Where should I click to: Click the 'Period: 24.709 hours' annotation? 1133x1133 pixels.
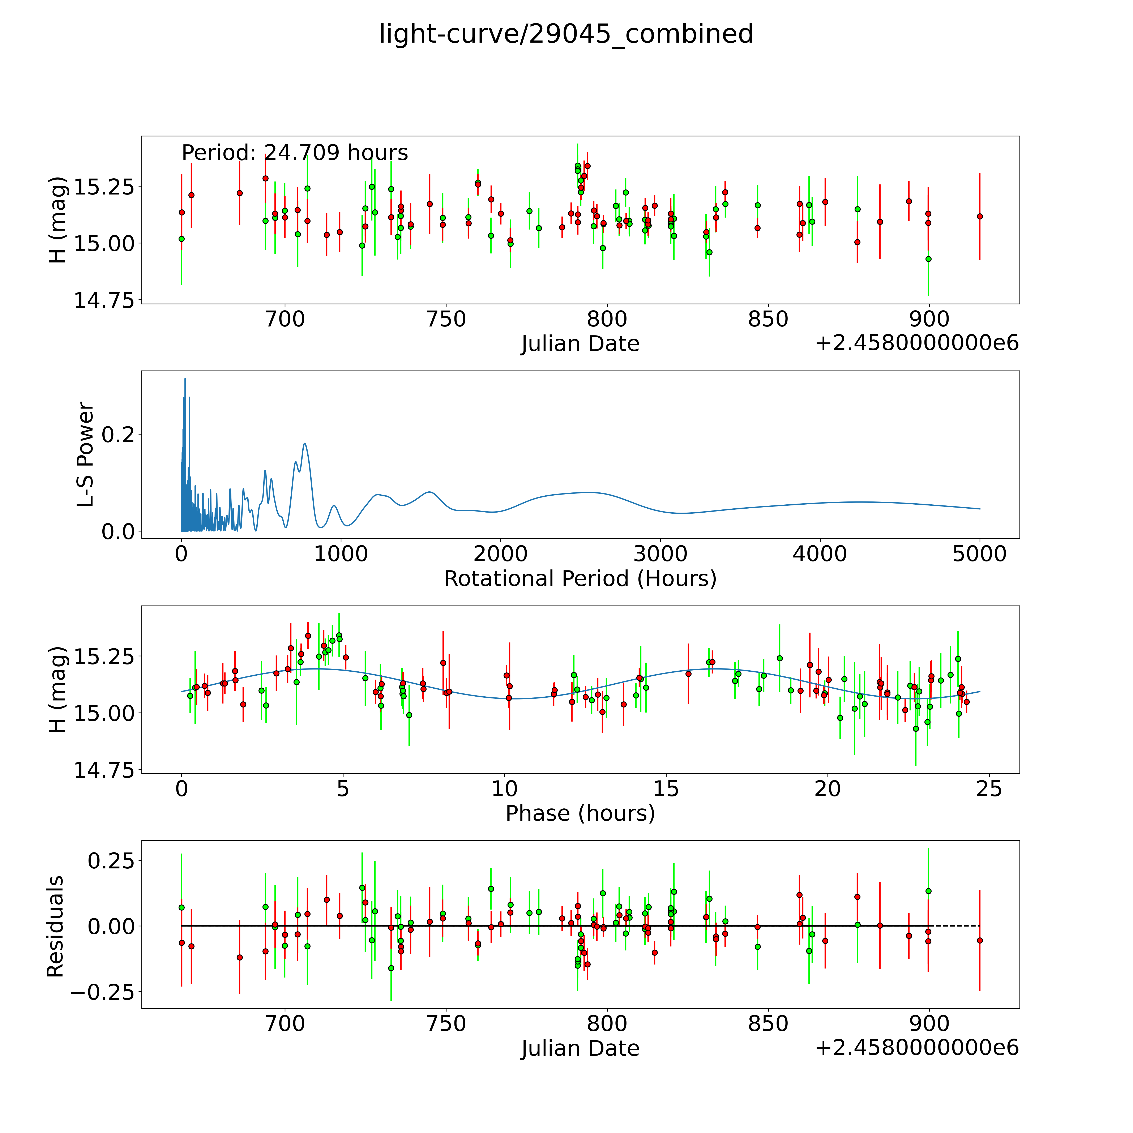click(294, 153)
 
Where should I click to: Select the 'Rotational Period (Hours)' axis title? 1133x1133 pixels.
click(580, 579)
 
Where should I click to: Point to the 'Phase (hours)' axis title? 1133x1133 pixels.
click(580, 813)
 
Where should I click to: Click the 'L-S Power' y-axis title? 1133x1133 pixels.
click(86, 454)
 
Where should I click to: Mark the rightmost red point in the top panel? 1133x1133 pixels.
click(979, 216)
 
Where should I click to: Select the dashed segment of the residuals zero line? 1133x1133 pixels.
click(956, 926)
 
